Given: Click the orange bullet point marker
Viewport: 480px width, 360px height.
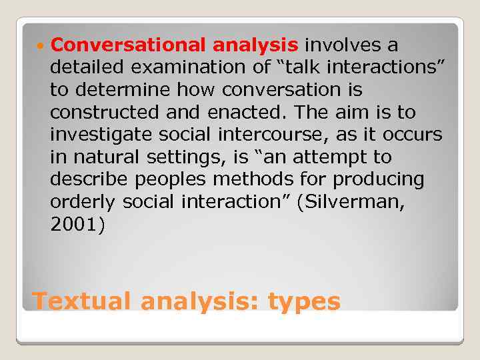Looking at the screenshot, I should tap(42, 45).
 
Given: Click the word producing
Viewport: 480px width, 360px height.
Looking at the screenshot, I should tap(378, 179).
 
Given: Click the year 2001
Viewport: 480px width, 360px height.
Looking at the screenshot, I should tap(75, 225).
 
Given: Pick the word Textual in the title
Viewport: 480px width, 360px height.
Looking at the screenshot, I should tap(83, 301).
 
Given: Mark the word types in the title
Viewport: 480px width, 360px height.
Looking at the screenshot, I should tap(303, 302).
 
